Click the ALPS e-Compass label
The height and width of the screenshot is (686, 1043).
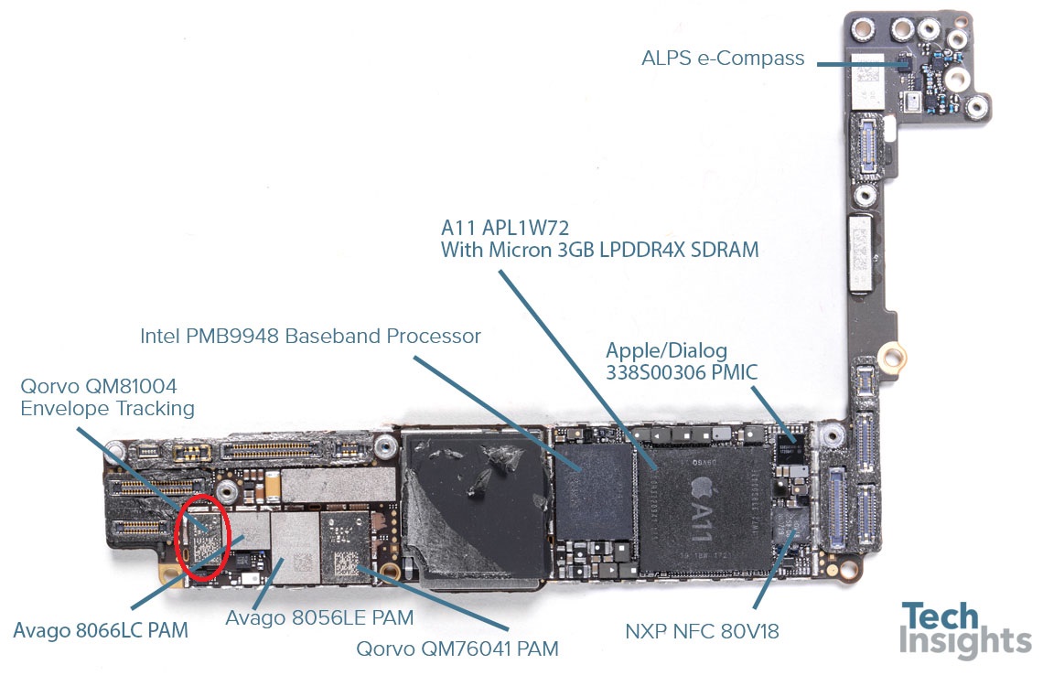[x=723, y=59]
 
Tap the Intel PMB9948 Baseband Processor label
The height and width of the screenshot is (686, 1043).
[x=310, y=337]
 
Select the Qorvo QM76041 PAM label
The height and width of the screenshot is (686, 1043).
[x=457, y=648]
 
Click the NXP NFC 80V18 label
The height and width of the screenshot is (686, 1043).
[x=702, y=631]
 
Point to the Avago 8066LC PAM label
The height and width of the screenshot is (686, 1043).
[x=101, y=630]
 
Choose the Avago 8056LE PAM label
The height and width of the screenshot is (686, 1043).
[x=319, y=618]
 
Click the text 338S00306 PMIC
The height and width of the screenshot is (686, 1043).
[x=681, y=372]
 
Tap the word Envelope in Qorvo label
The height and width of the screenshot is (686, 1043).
[x=61, y=408]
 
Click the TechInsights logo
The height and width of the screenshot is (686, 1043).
[x=964, y=630]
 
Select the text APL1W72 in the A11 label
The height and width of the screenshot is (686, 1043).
[x=525, y=228]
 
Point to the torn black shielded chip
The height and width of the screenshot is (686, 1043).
[x=475, y=509]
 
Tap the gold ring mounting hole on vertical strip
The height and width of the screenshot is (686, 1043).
[x=892, y=356]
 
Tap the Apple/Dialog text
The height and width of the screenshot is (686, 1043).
[x=666, y=351]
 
